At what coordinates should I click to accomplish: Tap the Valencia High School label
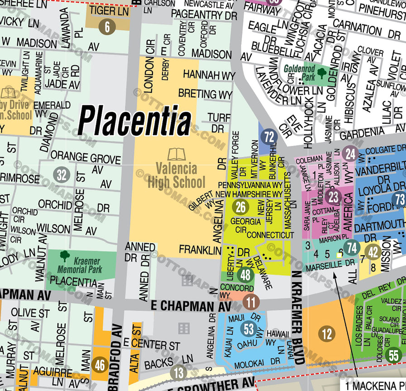177,176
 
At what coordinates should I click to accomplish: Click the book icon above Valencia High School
177,154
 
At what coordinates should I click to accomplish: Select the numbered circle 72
270,136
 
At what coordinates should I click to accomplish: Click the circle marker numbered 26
241,207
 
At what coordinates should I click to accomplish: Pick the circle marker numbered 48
245,275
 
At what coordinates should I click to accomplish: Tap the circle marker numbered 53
248,328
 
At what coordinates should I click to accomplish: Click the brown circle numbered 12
327,334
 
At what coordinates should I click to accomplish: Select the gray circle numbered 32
62,174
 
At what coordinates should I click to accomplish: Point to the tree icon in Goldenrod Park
322,72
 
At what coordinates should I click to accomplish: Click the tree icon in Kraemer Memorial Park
65,256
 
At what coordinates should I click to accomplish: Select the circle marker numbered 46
100,364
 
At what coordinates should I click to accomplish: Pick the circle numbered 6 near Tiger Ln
107,27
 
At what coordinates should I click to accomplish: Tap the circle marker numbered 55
393,355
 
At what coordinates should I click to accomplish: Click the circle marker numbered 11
251,301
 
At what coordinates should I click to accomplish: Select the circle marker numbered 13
179,373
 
